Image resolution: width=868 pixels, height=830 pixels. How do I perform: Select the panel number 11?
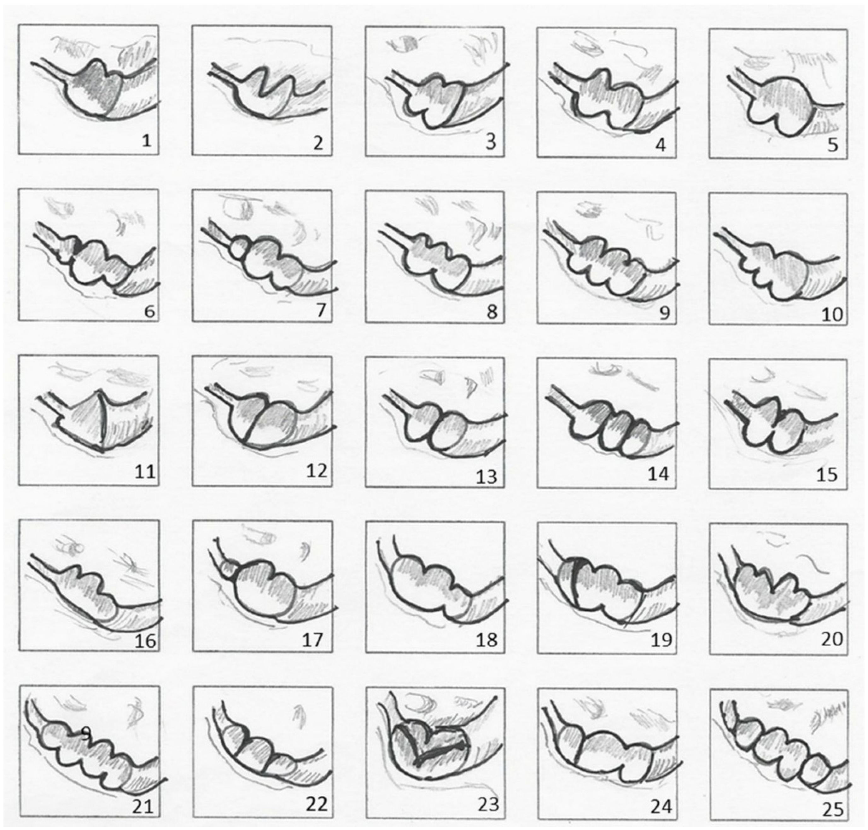point(145,472)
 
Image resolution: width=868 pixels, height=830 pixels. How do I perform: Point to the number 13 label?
point(486,476)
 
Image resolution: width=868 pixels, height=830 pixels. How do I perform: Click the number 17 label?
point(312,640)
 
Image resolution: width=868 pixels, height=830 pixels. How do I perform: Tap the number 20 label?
point(832,639)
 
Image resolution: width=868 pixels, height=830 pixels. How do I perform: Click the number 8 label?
point(492,312)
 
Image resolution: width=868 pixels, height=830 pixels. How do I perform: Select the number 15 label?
point(826,474)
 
